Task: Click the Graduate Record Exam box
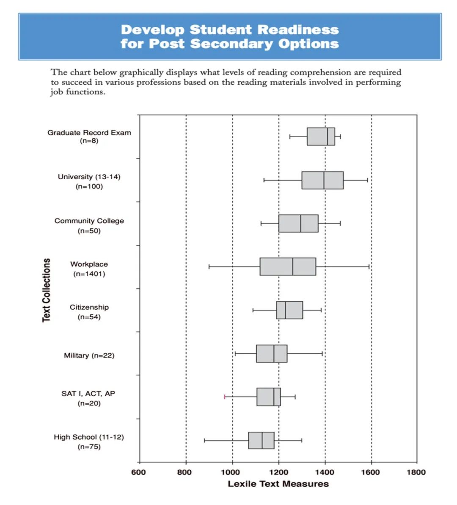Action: (321, 136)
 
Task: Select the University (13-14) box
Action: (322, 180)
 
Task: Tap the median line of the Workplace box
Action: (293, 266)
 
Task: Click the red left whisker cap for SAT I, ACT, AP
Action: (224, 397)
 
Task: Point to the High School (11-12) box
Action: (261, 440)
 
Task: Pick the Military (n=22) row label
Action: (89, 355)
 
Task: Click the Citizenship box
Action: (289, 310)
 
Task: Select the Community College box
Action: (298, 223)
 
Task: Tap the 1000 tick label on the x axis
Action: (230, 472)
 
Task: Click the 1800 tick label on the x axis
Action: (416, 472)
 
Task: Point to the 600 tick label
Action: (138, 472)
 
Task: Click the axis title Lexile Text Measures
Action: (278, 484)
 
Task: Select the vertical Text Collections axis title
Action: (46, 290)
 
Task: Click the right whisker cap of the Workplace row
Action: (369, 266)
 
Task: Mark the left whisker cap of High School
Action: (204, 440)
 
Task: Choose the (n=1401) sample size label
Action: (89, 274)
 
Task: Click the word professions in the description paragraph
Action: (158, 83)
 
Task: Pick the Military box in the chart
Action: (272, 354)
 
